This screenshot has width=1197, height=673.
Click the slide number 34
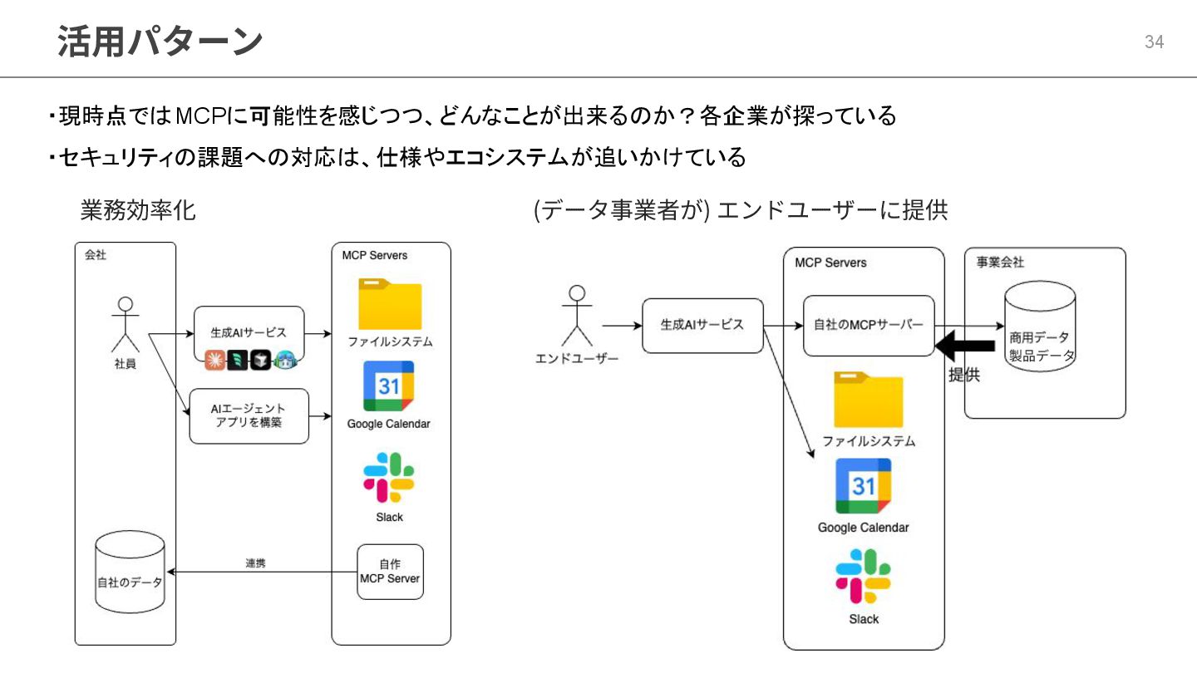point(1154,42)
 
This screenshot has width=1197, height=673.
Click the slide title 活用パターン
point(160,42)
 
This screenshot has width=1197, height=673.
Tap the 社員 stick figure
point(126,325)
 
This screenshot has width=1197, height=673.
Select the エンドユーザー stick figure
point(577,317)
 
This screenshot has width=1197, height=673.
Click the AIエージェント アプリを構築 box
point(249,415)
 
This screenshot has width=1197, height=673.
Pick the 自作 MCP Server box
point(390,572)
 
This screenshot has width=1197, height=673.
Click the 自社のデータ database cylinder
point(130,573)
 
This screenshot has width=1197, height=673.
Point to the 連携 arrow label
point(255,563)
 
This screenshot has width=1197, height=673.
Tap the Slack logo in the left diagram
point(389,478)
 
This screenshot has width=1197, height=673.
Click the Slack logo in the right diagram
point(863,576)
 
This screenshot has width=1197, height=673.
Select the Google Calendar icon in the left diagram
point(388,386)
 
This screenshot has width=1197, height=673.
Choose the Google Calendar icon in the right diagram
point(863,485)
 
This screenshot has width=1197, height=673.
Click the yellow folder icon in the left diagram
point(390,304)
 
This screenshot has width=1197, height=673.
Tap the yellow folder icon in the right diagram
point(868,401)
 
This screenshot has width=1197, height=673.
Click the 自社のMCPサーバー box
point(869,326)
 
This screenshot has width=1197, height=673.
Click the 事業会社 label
point(1000,263)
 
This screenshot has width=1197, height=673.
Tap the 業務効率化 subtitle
point(138,210)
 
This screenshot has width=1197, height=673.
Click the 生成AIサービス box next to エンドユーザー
point(702,326)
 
